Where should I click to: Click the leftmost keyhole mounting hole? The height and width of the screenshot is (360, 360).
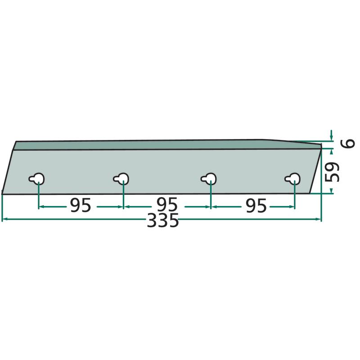(x=37, y=179)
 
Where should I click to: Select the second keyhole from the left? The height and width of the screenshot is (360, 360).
(x=121, y=179)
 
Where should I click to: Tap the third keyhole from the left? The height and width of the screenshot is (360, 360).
(x=208, y=179)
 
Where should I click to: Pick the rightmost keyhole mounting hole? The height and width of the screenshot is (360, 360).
(x=292, y=179)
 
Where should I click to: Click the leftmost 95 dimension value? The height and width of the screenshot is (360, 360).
(x=81, y=205)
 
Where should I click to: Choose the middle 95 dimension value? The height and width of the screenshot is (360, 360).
(x=167, y=205)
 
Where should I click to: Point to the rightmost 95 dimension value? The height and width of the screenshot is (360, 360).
(x=256, y=205)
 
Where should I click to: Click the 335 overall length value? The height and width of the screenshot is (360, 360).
(x=163, y=220)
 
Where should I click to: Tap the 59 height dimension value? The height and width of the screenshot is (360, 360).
(x=333, y=172)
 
